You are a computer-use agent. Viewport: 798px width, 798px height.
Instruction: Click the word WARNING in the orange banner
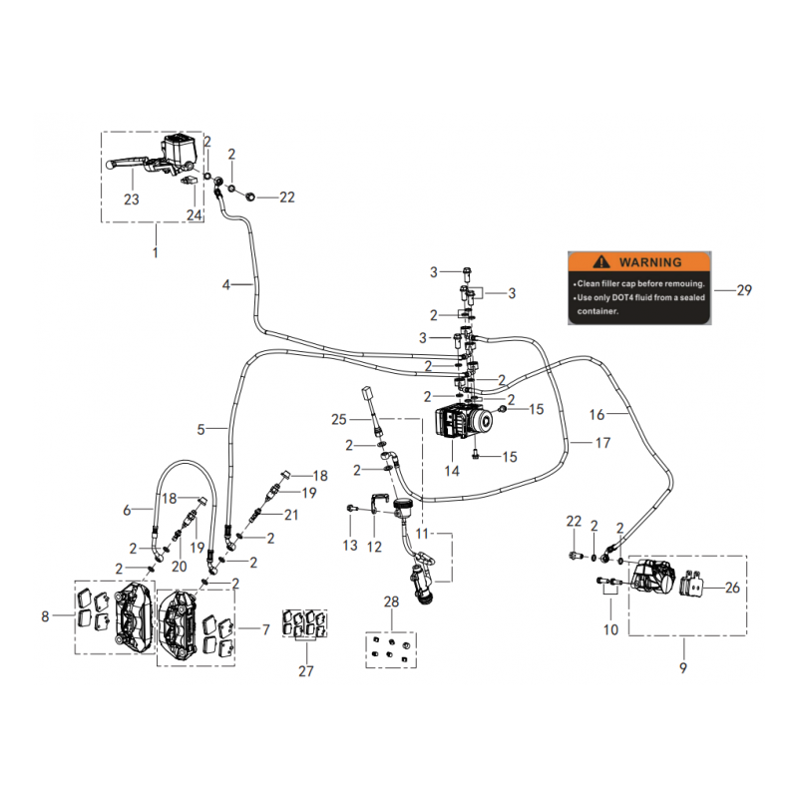pyautogui.click(x=650, y=262)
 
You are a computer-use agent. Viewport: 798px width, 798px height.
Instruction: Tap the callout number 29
pyautogui.click(x=743, y=291)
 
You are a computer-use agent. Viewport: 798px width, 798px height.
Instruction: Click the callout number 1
pyautogui.click(x=155, y=253)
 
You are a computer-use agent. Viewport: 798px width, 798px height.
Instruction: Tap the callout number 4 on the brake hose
pyautogui.click(x=226, y=284)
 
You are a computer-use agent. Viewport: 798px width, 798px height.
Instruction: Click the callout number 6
pyautogui.click(x=127, y=510)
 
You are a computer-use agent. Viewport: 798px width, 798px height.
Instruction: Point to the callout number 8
pyautogui.click(x=46, y=617)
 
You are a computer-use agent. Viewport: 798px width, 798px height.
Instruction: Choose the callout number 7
pyautogui.click(x=265, y=629)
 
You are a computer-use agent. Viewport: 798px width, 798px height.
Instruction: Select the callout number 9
pyautogui.click(x=682, y=668)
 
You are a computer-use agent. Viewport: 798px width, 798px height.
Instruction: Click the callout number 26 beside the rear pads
pyautogui.click(x=733, y=588)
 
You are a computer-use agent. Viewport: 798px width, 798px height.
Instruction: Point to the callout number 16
pyautogui.click(x=624, y=413)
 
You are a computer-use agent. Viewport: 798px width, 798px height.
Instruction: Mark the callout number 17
pyautogui.click(x=602, y=442)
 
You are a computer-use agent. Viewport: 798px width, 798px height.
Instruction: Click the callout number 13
pyautogui.click(x=349, y=546)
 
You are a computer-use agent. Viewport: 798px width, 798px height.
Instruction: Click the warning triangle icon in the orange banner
pyautogui.click(x=599, y=262)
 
